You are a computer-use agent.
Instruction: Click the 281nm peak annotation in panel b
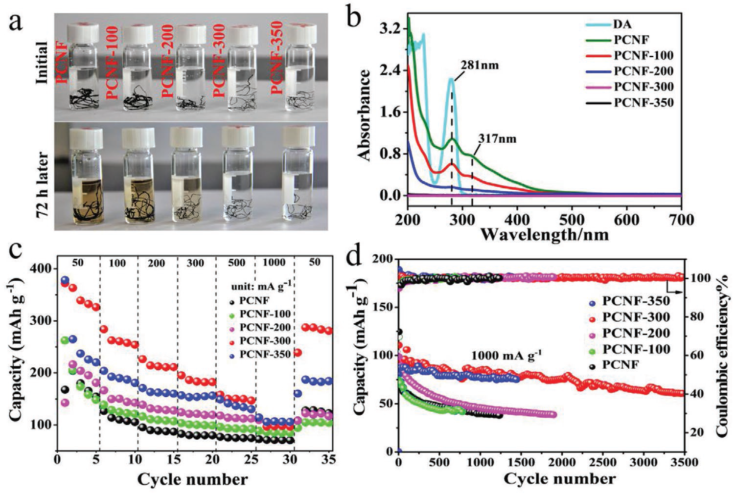coord(479,65)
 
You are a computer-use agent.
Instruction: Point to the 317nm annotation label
coord(496,139)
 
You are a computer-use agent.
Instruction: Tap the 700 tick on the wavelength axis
coord(681,220)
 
